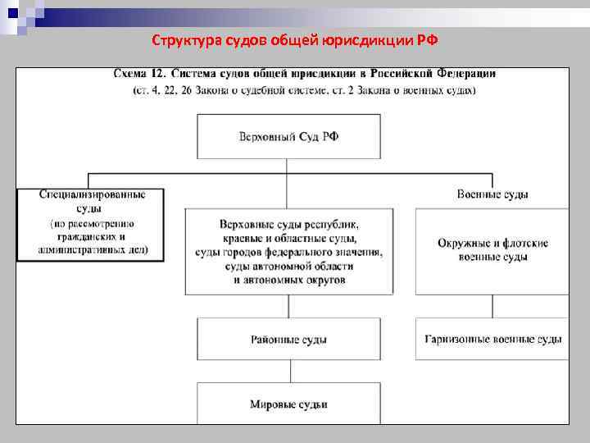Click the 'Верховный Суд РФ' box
coord(288,136)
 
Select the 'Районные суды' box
coord(288,338)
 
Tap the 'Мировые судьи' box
coord(288,404)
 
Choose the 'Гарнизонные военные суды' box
coord(492,338)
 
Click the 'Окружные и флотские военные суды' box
coord(492,250)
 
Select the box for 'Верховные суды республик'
coord(288,251)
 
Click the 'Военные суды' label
coord(492,195)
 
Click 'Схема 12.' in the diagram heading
coord(138,74)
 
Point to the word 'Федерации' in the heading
coord(461,74)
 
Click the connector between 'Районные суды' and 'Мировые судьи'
coord(288,371)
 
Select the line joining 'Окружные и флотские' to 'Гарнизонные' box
coord(492,306)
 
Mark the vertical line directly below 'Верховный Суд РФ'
coord(288,166)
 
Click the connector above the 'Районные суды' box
coord(288,306)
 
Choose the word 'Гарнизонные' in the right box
coord(456,338)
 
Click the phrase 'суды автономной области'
coord(288,266)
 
